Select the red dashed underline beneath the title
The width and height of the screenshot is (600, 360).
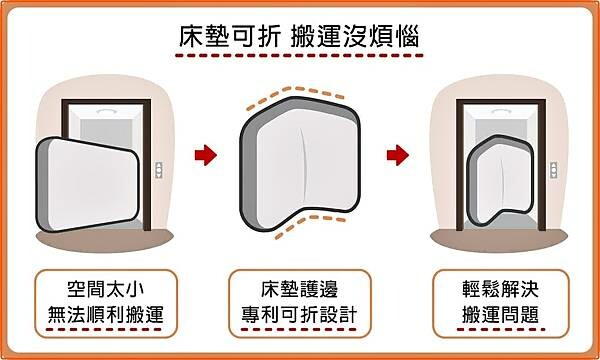point(299,60)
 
